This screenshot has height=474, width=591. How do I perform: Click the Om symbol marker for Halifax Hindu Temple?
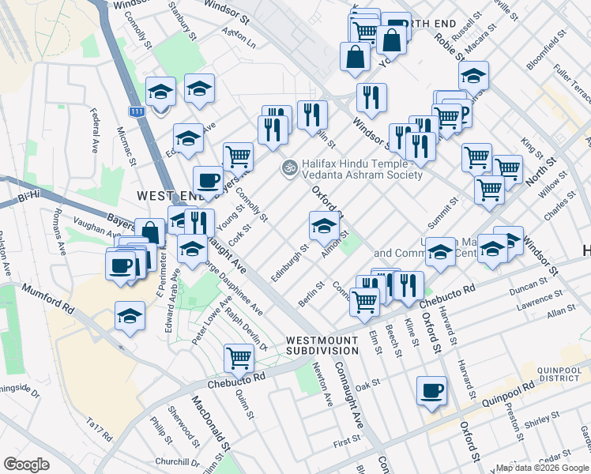288,168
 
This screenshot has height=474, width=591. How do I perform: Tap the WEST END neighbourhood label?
165,195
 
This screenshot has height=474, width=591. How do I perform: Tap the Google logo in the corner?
26,465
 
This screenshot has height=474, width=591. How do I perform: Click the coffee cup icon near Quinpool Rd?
432,391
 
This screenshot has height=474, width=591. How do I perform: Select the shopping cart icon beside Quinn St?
239,358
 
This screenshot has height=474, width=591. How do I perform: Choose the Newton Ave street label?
322,382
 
